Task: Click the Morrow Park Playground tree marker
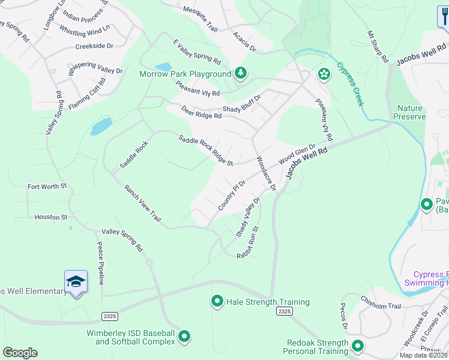[x=241, y=73]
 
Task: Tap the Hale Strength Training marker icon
[x=217, y=301]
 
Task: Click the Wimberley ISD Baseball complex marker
[x=184, y=337]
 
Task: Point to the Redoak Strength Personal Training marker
[x=358, y=346]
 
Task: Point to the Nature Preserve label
[x=411, y=112]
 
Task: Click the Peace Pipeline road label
[x=101, y=263]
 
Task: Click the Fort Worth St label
[x=47, y=187]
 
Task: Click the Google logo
[x=20, y=353]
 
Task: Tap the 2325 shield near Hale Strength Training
[x=285, y=311]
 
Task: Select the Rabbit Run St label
[x=247, y=242]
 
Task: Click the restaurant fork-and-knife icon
[x=443, y=17]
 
